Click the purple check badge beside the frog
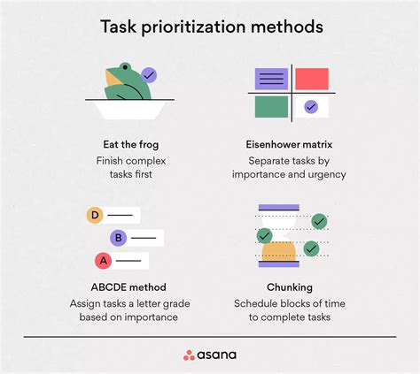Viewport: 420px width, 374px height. pyautogui.click(x=149, y=76)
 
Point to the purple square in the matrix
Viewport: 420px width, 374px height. pyautogui.click(x=270, y=79)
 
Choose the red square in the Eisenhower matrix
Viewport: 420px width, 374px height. pyautogui.click(x=312, y=79)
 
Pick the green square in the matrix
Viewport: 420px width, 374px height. pyautogui.click(x=270, y=107)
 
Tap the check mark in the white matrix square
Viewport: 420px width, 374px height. pyautogui.click(x=310, y=107)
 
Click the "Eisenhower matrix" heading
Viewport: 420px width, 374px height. pyautogui.click(x=295, y=143)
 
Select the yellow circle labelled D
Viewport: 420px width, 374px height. pyautogui.click(x=93, y=215)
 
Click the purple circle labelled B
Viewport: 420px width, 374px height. pyautogui.click(x=117, y=237)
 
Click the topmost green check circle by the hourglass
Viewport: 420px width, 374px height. pyautogui.click(x=319, y=221)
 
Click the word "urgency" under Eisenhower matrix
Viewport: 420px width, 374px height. pyautogui.click(x=324, y=176)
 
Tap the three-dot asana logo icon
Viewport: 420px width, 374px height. pyautogui.click(x=189, y=355)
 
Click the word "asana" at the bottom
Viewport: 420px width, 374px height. pyautogui.click(x=219, y=355)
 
